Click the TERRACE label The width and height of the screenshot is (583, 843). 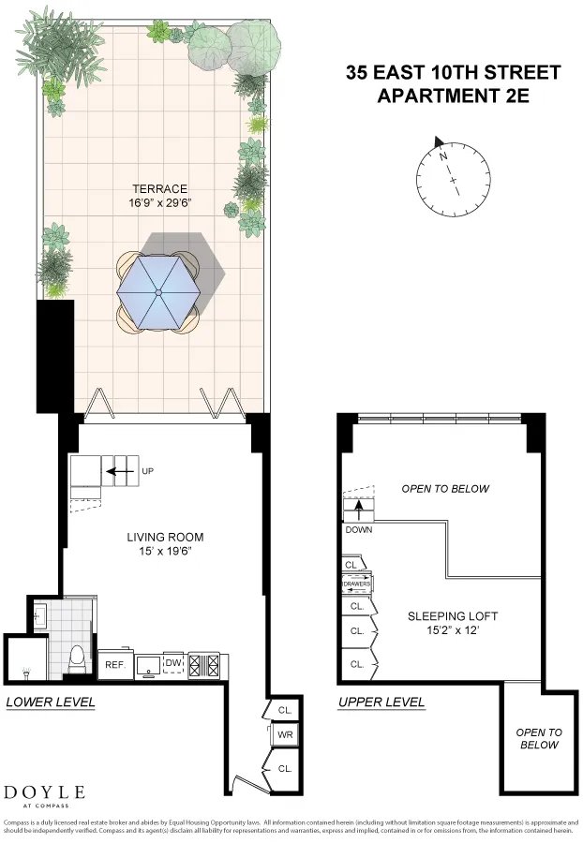pyautogui.click(x=159, y=188)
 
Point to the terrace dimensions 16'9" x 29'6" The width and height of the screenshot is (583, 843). pyautogui.click(x=159, y=203)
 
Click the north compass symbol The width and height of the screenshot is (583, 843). pyautogui.click(x=454, y=172)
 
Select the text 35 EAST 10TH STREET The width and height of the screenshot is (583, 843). pyautogui.click(x=454, y=73)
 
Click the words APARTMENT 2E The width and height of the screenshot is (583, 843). pyautogui.click(x=454, y=96)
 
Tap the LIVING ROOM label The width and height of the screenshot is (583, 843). pyautogui.click(x=165, y=537)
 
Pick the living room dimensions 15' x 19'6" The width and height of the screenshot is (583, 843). pyautogui.click(x=165, y=552)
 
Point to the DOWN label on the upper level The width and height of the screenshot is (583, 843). pyautogui.click(x=359, y=529)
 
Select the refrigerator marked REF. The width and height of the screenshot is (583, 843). pyautogui.click(x=114, y=665)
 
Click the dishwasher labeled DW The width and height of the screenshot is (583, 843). pyautogui.click(x=172, y=663)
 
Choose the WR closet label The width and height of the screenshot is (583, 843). pyautogui.click(x=286, y=735)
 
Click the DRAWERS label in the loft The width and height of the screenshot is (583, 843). pyautogui.click(x=357, y=584)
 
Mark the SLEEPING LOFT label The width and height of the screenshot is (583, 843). pyautogui.click(x=453, y=616)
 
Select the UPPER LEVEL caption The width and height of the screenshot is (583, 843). pyautogui.click(x=381, y=702)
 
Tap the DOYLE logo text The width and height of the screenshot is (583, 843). pyautogui.click(x=45, y=793)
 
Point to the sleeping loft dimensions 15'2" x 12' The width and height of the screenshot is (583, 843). pyautogui.click(x=453, y=631)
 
